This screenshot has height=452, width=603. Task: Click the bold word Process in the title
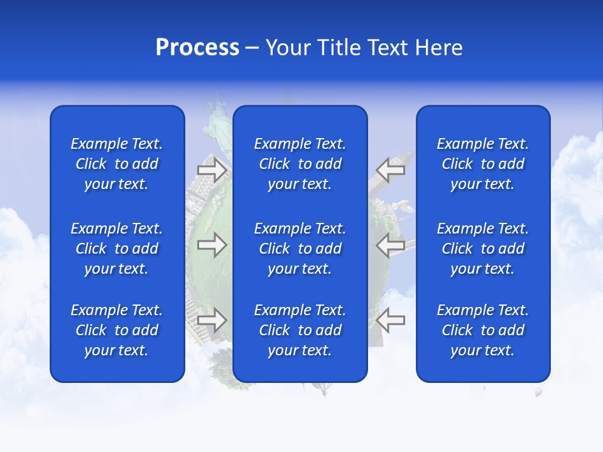(x=197, y=48)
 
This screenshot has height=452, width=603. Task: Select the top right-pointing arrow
(x=212, y=170)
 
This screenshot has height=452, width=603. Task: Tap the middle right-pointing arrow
(x=212, y=245)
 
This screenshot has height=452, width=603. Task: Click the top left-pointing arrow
(x=391, y=170)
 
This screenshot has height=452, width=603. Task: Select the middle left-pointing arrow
(x=391, y=245)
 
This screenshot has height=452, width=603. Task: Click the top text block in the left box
(x=117, y=164)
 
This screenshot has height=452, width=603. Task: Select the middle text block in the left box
(x=117, y=249)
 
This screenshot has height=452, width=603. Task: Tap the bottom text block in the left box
(x=117, y=330)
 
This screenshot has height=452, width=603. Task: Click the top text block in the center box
(x=300, y=164)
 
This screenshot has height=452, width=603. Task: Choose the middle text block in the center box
(x=300, y=249)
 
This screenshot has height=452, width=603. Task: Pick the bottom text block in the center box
(x=300, y=330)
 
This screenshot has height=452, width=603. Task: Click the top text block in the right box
(x=483, y=164)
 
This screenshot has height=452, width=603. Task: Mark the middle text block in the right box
(x=483, y=249)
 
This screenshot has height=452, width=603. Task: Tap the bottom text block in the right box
(x=483, y=330)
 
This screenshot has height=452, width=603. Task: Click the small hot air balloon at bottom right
(x=538, y=392)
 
